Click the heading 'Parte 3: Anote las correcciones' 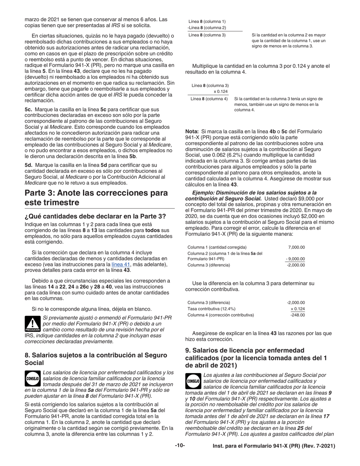point(96,197)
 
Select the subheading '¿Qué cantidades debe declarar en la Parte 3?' point(95,216)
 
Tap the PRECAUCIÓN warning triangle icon point(32,324)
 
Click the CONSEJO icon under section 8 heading point(33,378)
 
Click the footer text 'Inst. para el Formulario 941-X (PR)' point(274,446)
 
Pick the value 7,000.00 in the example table point(296,247)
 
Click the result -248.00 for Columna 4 point(297,315)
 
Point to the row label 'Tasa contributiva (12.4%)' point(211,309)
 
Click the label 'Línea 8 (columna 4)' point(209,99)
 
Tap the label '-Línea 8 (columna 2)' point(207,28)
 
